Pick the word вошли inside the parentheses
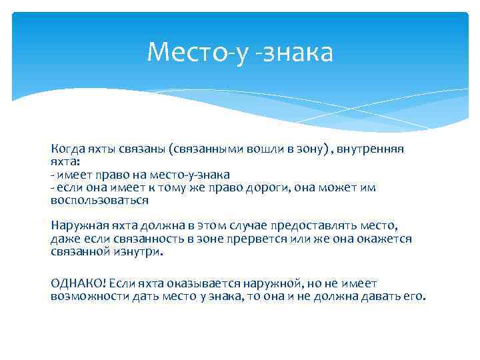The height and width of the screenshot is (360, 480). [251, 149]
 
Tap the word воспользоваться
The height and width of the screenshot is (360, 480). [99, 200]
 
